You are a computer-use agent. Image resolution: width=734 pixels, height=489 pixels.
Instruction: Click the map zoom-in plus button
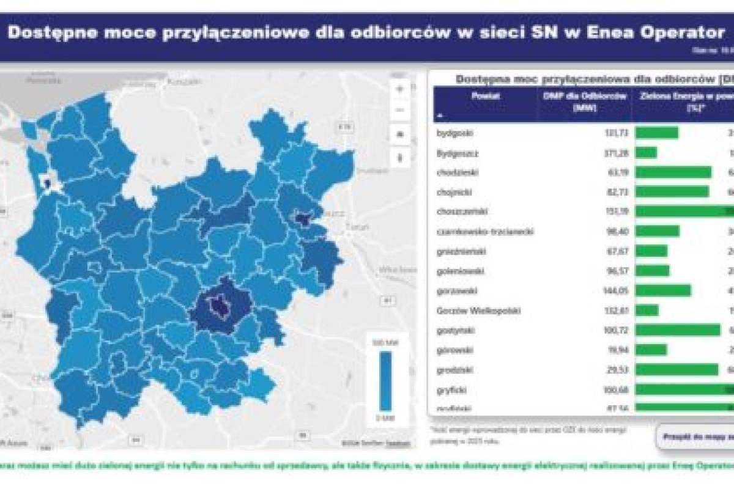[x=401, y=89]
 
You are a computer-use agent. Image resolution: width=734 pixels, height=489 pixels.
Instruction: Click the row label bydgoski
[x=455, y=133]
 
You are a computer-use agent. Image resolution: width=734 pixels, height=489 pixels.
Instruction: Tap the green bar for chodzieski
[x=673, y=172]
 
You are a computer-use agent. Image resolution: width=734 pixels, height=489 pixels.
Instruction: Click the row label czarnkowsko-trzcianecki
[x=485, y=231]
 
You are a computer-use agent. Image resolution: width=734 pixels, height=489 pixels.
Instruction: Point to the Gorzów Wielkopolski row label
[x=478, y=311]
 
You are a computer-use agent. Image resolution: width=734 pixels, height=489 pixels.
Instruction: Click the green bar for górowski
[x=651, y=350]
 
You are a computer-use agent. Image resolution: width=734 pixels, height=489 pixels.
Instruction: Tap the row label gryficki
[x=451, y=389]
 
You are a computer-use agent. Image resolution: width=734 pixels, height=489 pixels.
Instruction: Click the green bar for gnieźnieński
[x=651, y=251]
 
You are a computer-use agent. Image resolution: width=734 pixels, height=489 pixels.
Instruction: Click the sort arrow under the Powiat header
[x=440, y=114]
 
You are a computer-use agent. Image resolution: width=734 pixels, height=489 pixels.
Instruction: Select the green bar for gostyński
[x=678, y=330]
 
